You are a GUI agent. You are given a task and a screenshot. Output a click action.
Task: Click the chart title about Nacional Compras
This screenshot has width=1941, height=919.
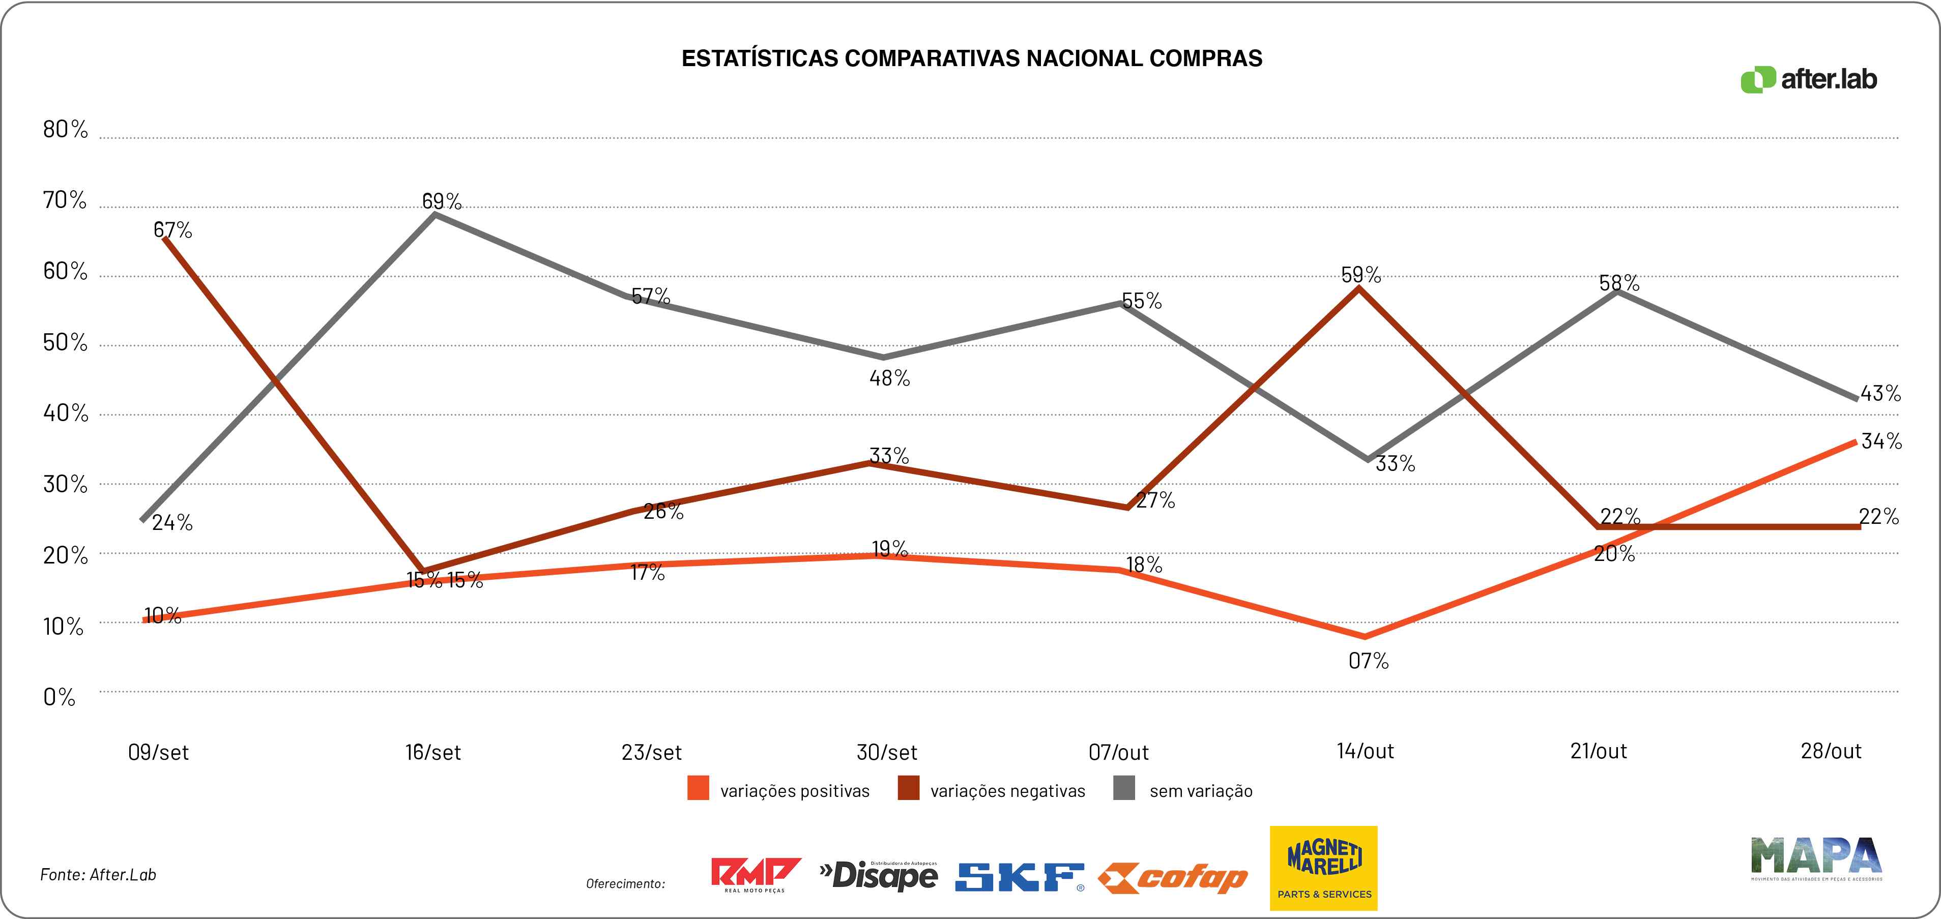coord(971,59)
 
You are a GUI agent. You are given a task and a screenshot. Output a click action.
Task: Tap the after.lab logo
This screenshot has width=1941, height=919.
coord(1808,79)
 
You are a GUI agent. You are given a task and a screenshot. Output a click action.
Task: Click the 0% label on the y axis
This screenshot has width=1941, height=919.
coord(59,697)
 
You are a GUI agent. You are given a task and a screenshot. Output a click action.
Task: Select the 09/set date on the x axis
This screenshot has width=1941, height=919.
coord(158,752)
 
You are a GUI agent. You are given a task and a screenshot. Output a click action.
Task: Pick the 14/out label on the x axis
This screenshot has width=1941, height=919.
coord(1365,751)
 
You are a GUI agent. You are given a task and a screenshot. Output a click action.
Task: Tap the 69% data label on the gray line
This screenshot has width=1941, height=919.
coord(442,201)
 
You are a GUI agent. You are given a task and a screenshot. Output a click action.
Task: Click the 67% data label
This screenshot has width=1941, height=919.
coord(173,230)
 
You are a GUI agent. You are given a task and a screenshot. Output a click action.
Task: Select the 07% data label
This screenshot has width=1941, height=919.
coord(1368,661)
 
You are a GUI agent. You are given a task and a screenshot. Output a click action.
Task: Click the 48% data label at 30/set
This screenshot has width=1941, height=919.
coord(889,378)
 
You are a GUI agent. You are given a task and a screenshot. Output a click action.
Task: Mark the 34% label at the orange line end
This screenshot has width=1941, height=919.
coord(1881,440)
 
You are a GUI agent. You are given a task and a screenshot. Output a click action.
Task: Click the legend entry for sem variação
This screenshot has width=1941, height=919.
coord(1184,790)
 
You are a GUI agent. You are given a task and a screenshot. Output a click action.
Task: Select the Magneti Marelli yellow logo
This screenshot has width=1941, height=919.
coord(1323,868)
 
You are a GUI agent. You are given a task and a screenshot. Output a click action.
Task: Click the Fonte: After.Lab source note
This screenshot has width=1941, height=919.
coord(98,875)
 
